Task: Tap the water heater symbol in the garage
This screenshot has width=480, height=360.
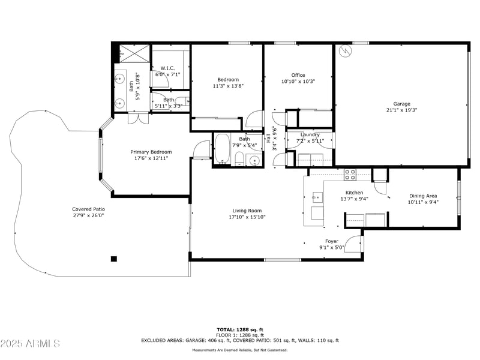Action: pyautogui.click(x=344, y=51)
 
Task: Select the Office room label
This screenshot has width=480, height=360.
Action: pyautogui.click(x=298, y=75)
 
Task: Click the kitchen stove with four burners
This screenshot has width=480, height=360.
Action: pyautogui.click(x=349, y=175)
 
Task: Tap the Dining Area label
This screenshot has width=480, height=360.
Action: pyautogui.click(x=423, y=196)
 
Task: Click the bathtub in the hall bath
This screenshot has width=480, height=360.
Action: pyautogui.click(x=223, y=149)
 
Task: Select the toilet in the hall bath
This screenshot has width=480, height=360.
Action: pyautogui.click(x=239, y=159)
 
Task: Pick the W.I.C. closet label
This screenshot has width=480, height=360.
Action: pyautogui.click(x=167, y=68)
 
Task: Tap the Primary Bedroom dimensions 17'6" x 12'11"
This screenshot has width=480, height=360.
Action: pyautogui.click(x=151, y=158)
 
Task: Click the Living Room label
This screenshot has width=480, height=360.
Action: pyautogui.click(x=247, y=211)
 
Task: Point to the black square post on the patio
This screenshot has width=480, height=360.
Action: pyautogui.click(x=113, y=259)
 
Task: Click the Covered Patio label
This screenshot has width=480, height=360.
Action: pyautogui.click(x=88, y=209)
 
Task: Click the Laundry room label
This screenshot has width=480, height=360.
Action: pyautogui.click(x=310, y=134)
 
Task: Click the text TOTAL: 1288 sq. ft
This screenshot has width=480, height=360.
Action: pyautogui.click(x=240, y=329)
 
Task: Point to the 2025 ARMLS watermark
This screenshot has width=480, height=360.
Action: pyautogui.click(x=30, y=344)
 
